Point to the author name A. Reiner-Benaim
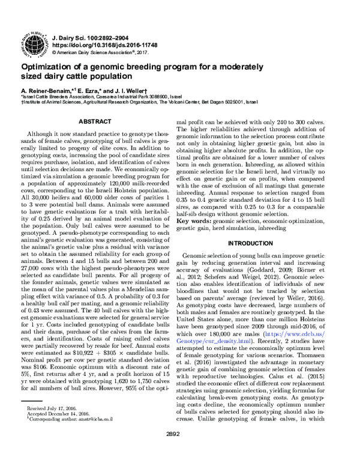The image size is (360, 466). tap(48, 88)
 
